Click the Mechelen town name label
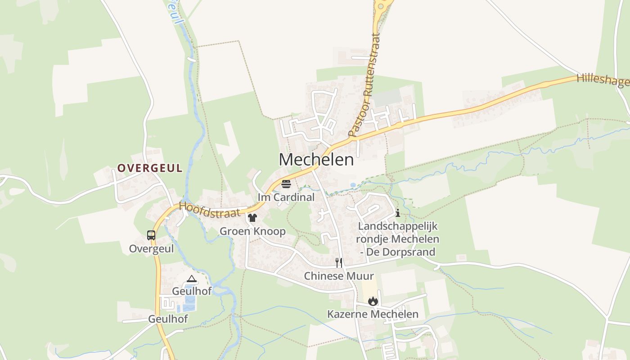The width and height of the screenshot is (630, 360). [316, 159]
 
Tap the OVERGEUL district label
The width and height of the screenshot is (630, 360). [150, 168]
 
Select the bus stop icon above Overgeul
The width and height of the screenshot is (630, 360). [151, 235]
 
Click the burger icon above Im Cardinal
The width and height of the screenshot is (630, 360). [286, 184]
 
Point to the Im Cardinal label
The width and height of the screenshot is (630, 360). [286, 197]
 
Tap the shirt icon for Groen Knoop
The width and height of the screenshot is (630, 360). [252, 218]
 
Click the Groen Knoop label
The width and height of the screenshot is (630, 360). [252, 231]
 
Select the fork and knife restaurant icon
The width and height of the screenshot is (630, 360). [339, 262]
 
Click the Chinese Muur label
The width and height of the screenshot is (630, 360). [339, 275]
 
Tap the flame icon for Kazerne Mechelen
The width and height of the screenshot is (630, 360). [373, 301]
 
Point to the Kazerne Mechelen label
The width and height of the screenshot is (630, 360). [373, 314]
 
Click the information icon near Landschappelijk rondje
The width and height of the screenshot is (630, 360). [397, 213]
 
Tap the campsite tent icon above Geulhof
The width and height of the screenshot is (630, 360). [192, 279]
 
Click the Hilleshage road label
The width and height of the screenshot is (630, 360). [603, 81]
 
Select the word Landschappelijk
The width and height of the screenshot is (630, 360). [397, 226]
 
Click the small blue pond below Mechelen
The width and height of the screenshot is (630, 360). [353, 185]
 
